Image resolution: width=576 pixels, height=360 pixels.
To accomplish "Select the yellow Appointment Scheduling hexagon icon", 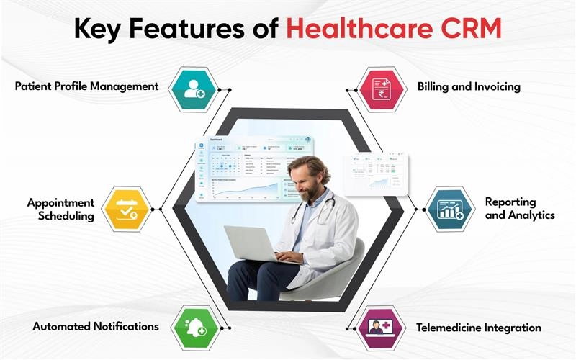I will [x=127, y=209].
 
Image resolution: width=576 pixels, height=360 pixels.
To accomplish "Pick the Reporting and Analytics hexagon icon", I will [x=450, y=209].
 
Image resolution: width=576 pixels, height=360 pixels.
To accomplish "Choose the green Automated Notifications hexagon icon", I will [x=194, y=328].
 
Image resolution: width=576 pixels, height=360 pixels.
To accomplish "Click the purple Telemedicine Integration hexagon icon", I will [x=382, y=328].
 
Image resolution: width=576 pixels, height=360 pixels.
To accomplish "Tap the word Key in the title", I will [x=100, y=30].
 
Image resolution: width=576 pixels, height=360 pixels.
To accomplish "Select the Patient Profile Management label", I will [x=86, y=86].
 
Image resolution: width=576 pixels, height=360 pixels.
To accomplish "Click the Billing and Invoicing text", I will [x=469, y=86].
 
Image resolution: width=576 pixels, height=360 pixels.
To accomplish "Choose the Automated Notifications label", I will [x=96, y=326].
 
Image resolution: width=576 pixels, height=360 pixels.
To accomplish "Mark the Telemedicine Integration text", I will [x=479, y=328].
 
